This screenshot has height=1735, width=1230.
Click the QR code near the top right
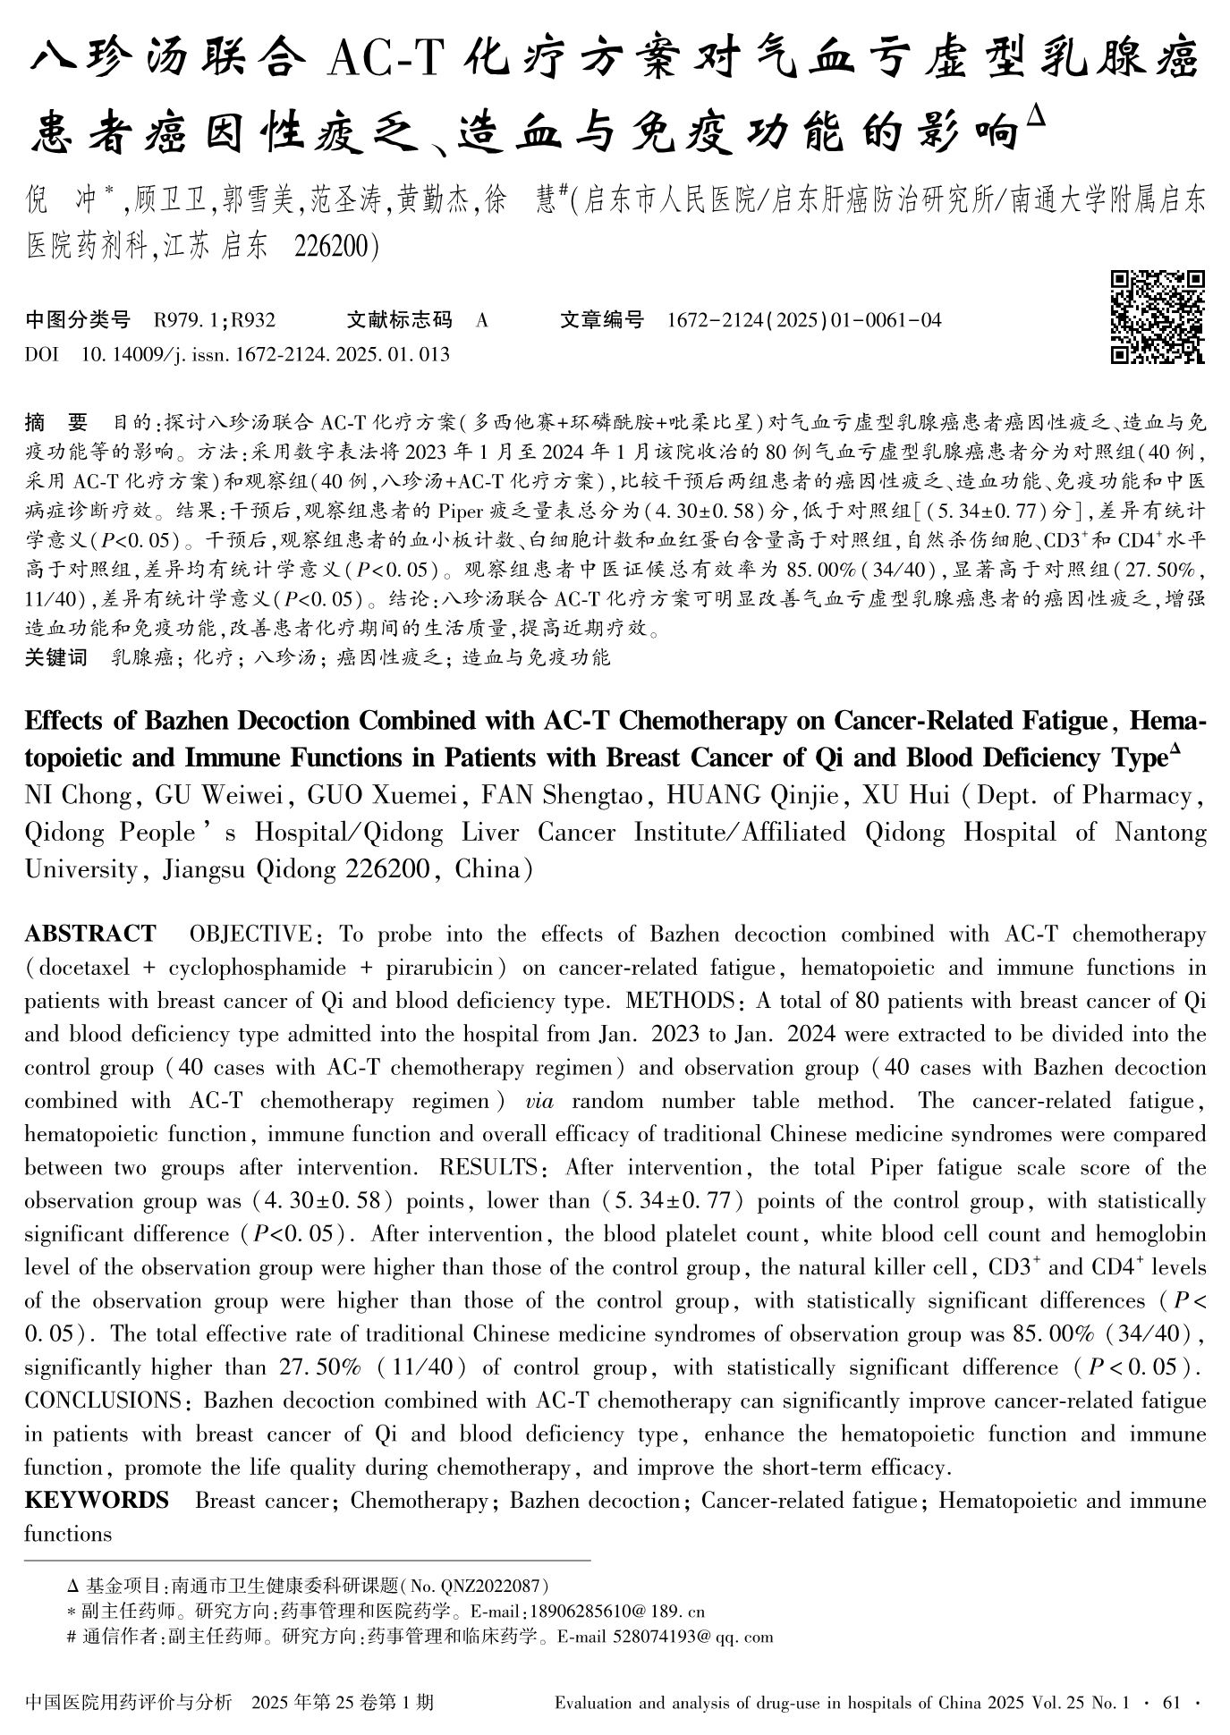pyautogui.click(x=1157, y=317)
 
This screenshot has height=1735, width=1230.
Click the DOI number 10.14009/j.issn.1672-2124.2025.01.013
pyautogui.click(x=265, y=355)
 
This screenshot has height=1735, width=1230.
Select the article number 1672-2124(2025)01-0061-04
pyautogui.click(x=804, y=320)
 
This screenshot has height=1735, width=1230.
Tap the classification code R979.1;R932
pyautogui.click(x=215, y=320)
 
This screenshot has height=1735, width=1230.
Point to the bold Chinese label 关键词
pyautogui.click(x=56, y=658)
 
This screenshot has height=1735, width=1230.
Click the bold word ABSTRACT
pyautogui.click(x=89, y=935)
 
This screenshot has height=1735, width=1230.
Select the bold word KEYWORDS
pyautogui.click(x=97, y=1501)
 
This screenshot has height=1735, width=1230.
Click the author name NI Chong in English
pyautogui.click(x=79, y=795)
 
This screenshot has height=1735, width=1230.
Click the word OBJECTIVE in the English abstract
pyautogui.click(x=250, y=935)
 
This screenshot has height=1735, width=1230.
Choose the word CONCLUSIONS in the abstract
pyautogui.click(x=103, y=1401)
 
